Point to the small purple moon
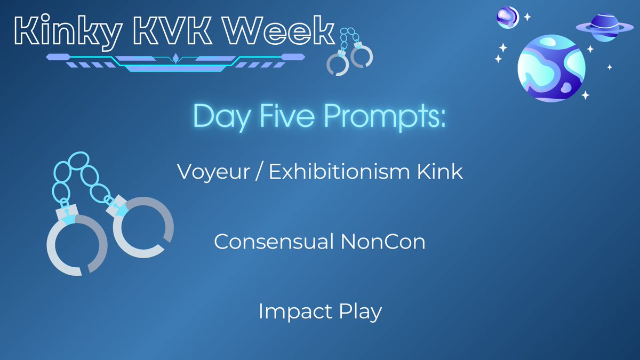[508, 17]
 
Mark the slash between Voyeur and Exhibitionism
[258, 172]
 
